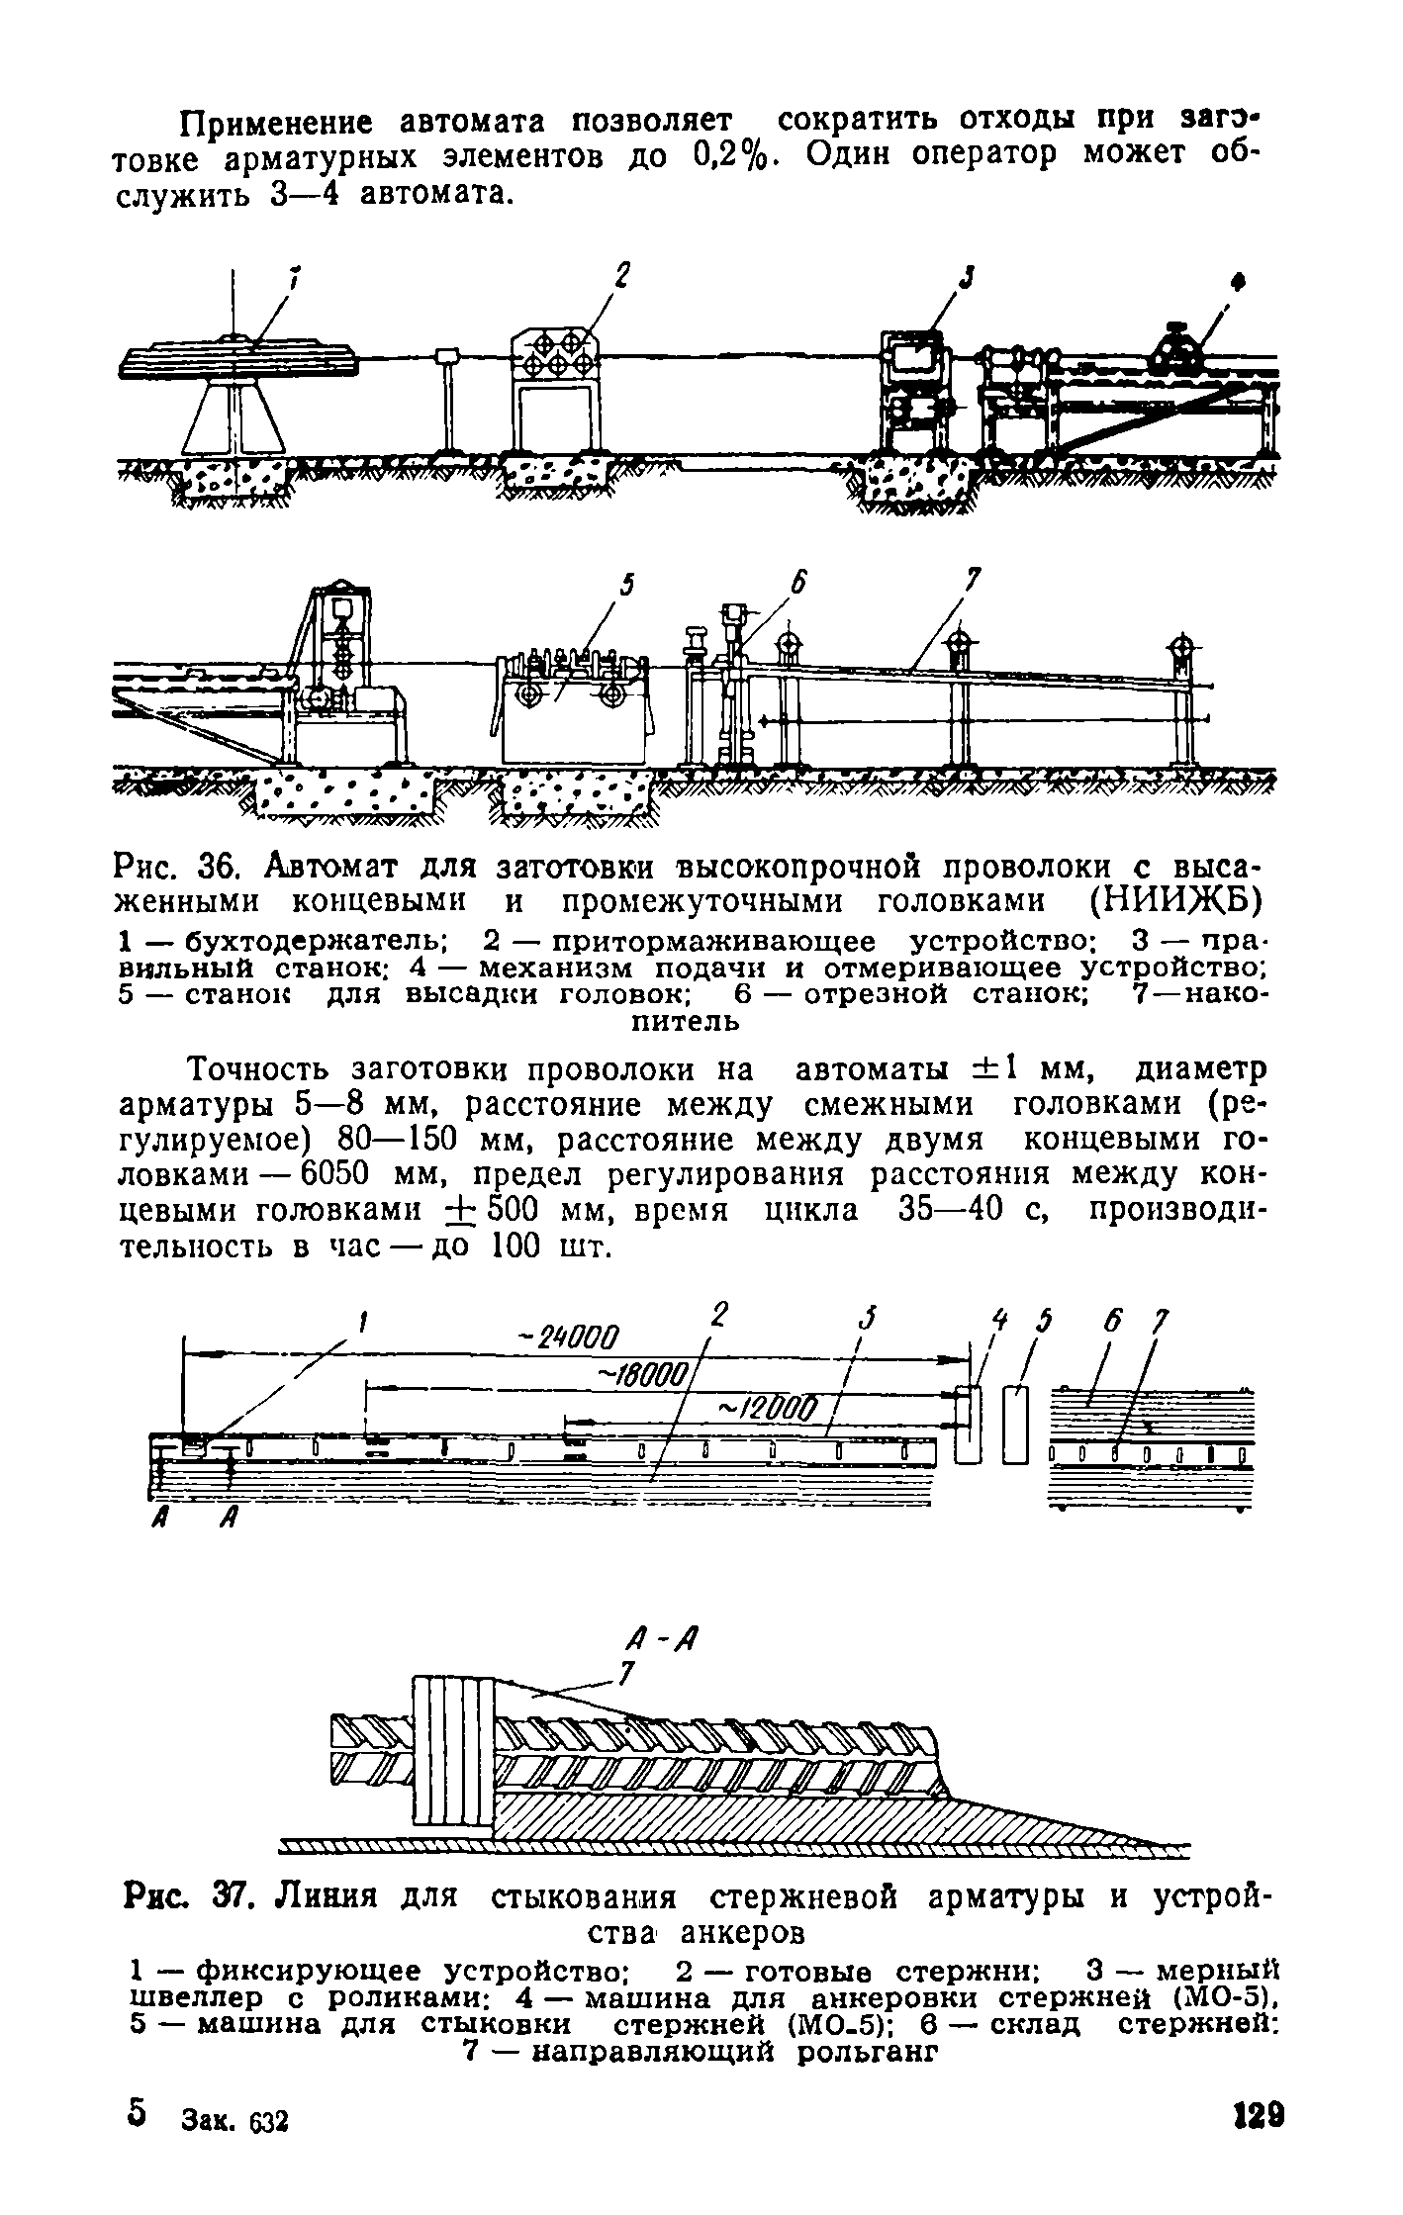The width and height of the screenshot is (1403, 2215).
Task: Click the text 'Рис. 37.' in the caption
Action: [x=187, y=1897]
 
